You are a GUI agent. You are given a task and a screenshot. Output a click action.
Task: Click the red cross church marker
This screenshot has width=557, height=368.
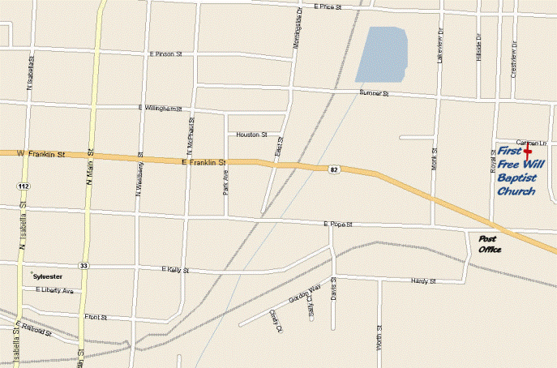click(527, 151)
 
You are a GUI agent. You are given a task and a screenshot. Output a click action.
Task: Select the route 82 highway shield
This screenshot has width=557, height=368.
click(333, 169)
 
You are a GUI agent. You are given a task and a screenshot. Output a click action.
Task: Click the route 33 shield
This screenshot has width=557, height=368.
click(84, 265)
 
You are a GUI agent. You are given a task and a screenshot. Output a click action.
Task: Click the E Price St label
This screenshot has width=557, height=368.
click(328, 6)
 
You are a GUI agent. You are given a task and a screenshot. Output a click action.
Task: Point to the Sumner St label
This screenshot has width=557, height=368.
click(375, 94)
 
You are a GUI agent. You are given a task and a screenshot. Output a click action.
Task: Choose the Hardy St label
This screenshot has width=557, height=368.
click(424, 281)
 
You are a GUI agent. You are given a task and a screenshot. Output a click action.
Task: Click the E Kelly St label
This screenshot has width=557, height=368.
click(174, 269)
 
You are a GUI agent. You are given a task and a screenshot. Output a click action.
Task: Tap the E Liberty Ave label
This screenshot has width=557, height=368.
click(54, 290)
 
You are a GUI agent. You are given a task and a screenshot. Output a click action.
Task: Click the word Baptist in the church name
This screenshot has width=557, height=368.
click(516, 178)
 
